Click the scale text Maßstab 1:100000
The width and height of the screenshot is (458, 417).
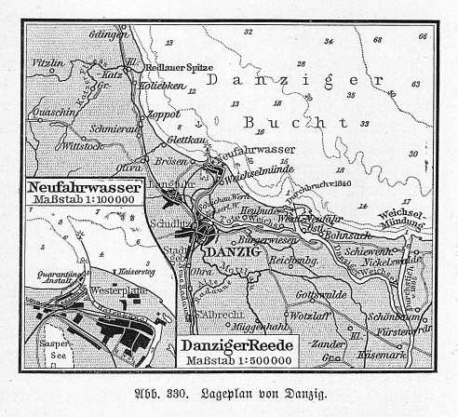click(x=85, y=200)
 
